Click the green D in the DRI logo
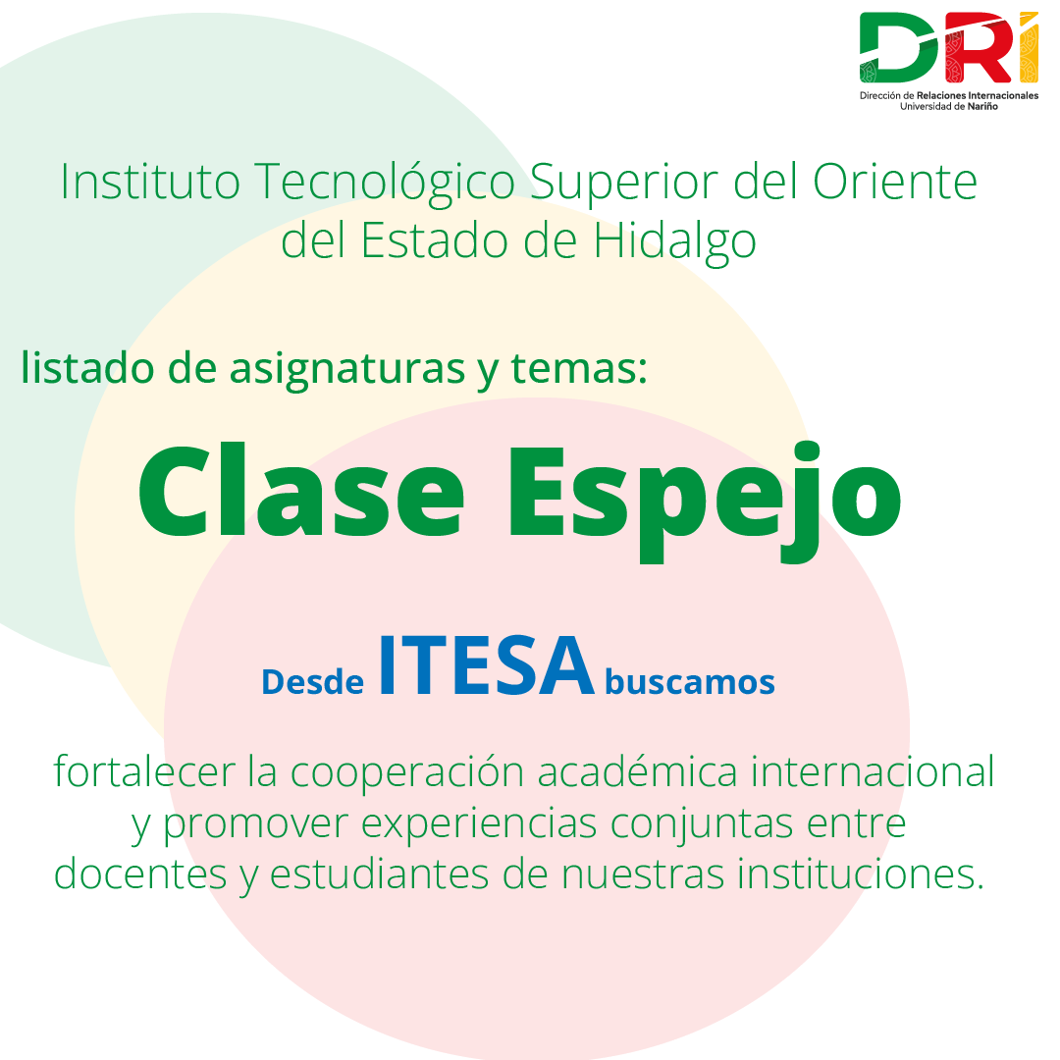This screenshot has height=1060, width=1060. tap(899, 47)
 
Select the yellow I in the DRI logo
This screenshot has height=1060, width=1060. tap(1029, 47)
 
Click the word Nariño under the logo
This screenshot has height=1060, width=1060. tap(982, 106)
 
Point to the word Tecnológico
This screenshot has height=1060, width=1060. tap(386, 183)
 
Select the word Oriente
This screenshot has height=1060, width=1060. tap(895, 182)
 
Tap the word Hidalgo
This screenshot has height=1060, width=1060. tap(674, 241)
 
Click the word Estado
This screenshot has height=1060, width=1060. tap(435, 240)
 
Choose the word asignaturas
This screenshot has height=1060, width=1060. tap(347, 369)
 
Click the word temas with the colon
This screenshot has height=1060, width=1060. tap(579, 368)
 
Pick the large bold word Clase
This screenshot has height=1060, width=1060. tap(301, 490)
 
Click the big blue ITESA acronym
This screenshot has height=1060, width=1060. tap(486, 665)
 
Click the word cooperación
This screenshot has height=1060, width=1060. tap(407, 771)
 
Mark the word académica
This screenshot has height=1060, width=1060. tap(638, 770)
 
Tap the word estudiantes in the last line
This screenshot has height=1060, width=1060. tap(379, 874)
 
